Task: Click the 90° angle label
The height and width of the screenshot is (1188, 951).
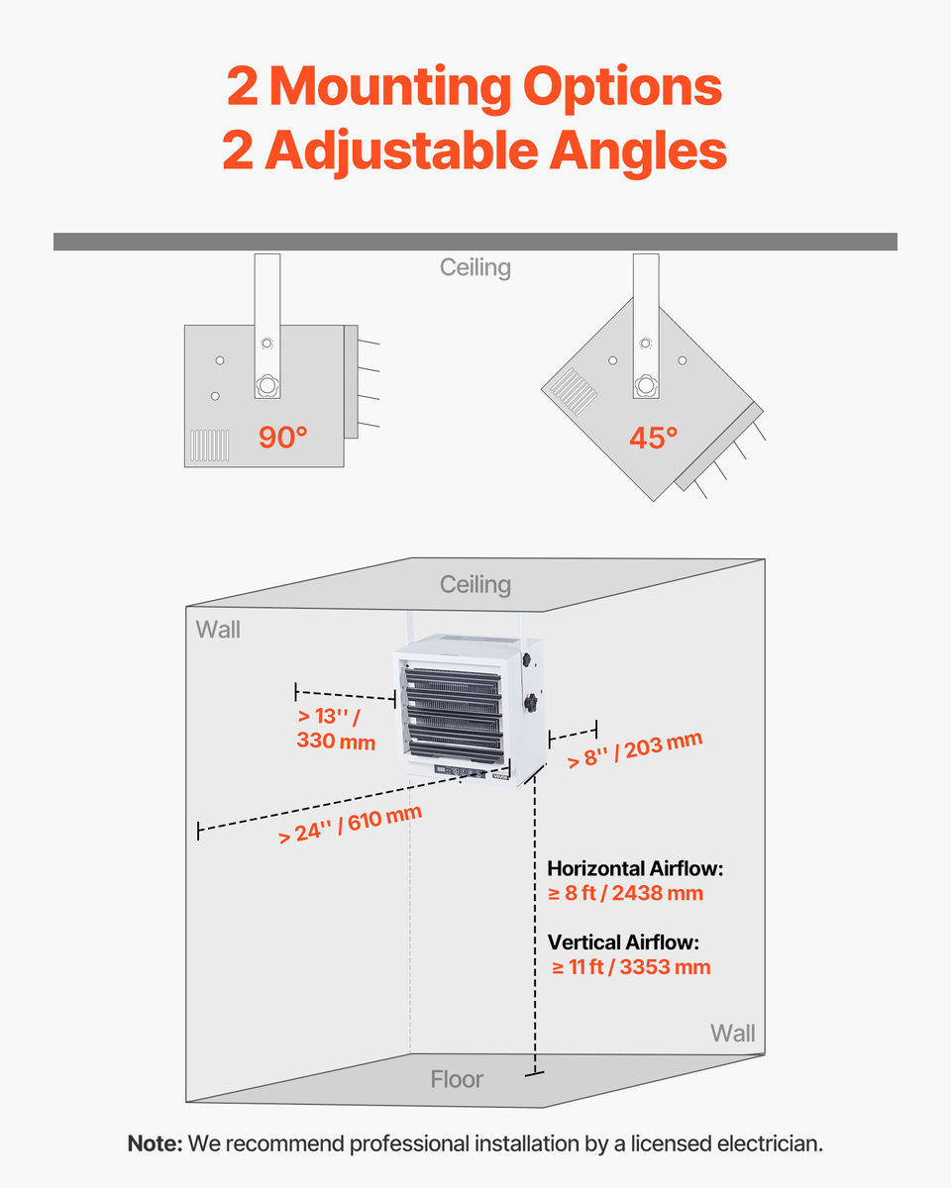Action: [282, 438]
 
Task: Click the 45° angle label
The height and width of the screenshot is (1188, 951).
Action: [653, 438]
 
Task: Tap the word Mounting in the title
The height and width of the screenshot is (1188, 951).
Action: [390, 87]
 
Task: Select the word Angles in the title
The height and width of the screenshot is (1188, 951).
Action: [638, 150]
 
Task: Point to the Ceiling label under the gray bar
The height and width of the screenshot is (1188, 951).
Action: [475, 267]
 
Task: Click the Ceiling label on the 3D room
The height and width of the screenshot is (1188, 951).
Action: [475, 585]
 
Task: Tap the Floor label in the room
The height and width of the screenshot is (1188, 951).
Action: [457, 1079]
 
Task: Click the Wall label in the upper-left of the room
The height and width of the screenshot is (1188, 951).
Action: [218, 630]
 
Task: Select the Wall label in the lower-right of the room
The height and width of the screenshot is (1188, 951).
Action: [732, 1034]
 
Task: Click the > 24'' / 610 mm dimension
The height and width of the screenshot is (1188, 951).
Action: [351, 825]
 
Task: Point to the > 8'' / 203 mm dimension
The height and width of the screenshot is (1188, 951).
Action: [635, 749]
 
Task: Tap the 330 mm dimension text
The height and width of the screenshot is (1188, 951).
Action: [336, 741]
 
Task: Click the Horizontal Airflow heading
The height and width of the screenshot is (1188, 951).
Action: [635, 868]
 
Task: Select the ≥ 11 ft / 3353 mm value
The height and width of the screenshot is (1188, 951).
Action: [631, 966]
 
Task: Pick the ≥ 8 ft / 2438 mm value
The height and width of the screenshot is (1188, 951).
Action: [625, 893]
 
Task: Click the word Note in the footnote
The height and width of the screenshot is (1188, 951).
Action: [155, 1143]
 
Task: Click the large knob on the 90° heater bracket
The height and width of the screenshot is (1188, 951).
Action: [267, 385]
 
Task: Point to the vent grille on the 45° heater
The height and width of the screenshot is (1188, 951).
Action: [574, 391]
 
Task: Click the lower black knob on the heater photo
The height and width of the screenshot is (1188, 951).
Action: [531, 703]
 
